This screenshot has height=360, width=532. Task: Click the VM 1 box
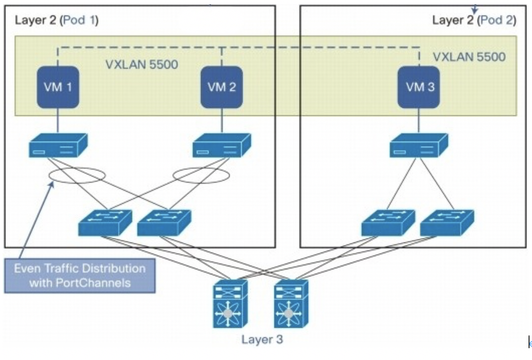coord(58,87)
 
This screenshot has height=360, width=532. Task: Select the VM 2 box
coord(221,87)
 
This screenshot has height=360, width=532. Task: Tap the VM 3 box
coord(419,87)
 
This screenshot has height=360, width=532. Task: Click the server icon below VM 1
coord(58,145)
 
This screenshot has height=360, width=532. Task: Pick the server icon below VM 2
coord(221,145)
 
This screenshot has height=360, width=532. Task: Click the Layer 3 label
coord(262,339)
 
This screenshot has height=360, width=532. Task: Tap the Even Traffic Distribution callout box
coord(80,275)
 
